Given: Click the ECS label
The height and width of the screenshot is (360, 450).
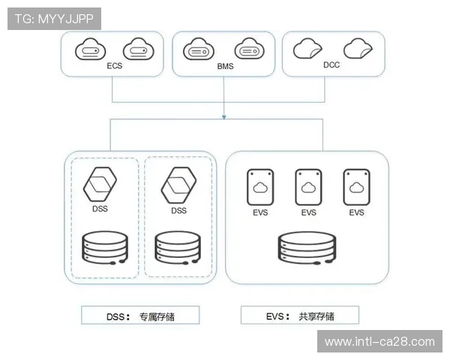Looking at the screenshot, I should click(115, 66).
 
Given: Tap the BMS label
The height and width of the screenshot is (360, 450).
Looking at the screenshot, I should click(225, 66).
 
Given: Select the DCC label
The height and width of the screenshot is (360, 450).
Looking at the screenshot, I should click(331, 65).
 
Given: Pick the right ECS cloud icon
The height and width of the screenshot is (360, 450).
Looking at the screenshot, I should click(137, 49).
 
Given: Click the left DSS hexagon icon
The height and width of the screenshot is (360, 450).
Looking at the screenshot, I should click(100, 184).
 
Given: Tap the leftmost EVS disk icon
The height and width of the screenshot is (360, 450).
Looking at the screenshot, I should click(261, 187).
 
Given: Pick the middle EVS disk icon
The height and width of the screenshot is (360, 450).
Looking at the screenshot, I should click(309, 187).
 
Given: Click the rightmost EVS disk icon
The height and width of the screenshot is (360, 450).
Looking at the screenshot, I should click(357, 187).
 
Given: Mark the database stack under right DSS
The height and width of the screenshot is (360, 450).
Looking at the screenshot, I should click(178, 248).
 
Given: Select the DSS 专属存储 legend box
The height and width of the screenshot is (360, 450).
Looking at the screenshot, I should click(140, 316).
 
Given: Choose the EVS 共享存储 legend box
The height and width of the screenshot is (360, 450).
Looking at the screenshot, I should click(299, 316).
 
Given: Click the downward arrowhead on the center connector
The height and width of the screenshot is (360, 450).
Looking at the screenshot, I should click(224, 115).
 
